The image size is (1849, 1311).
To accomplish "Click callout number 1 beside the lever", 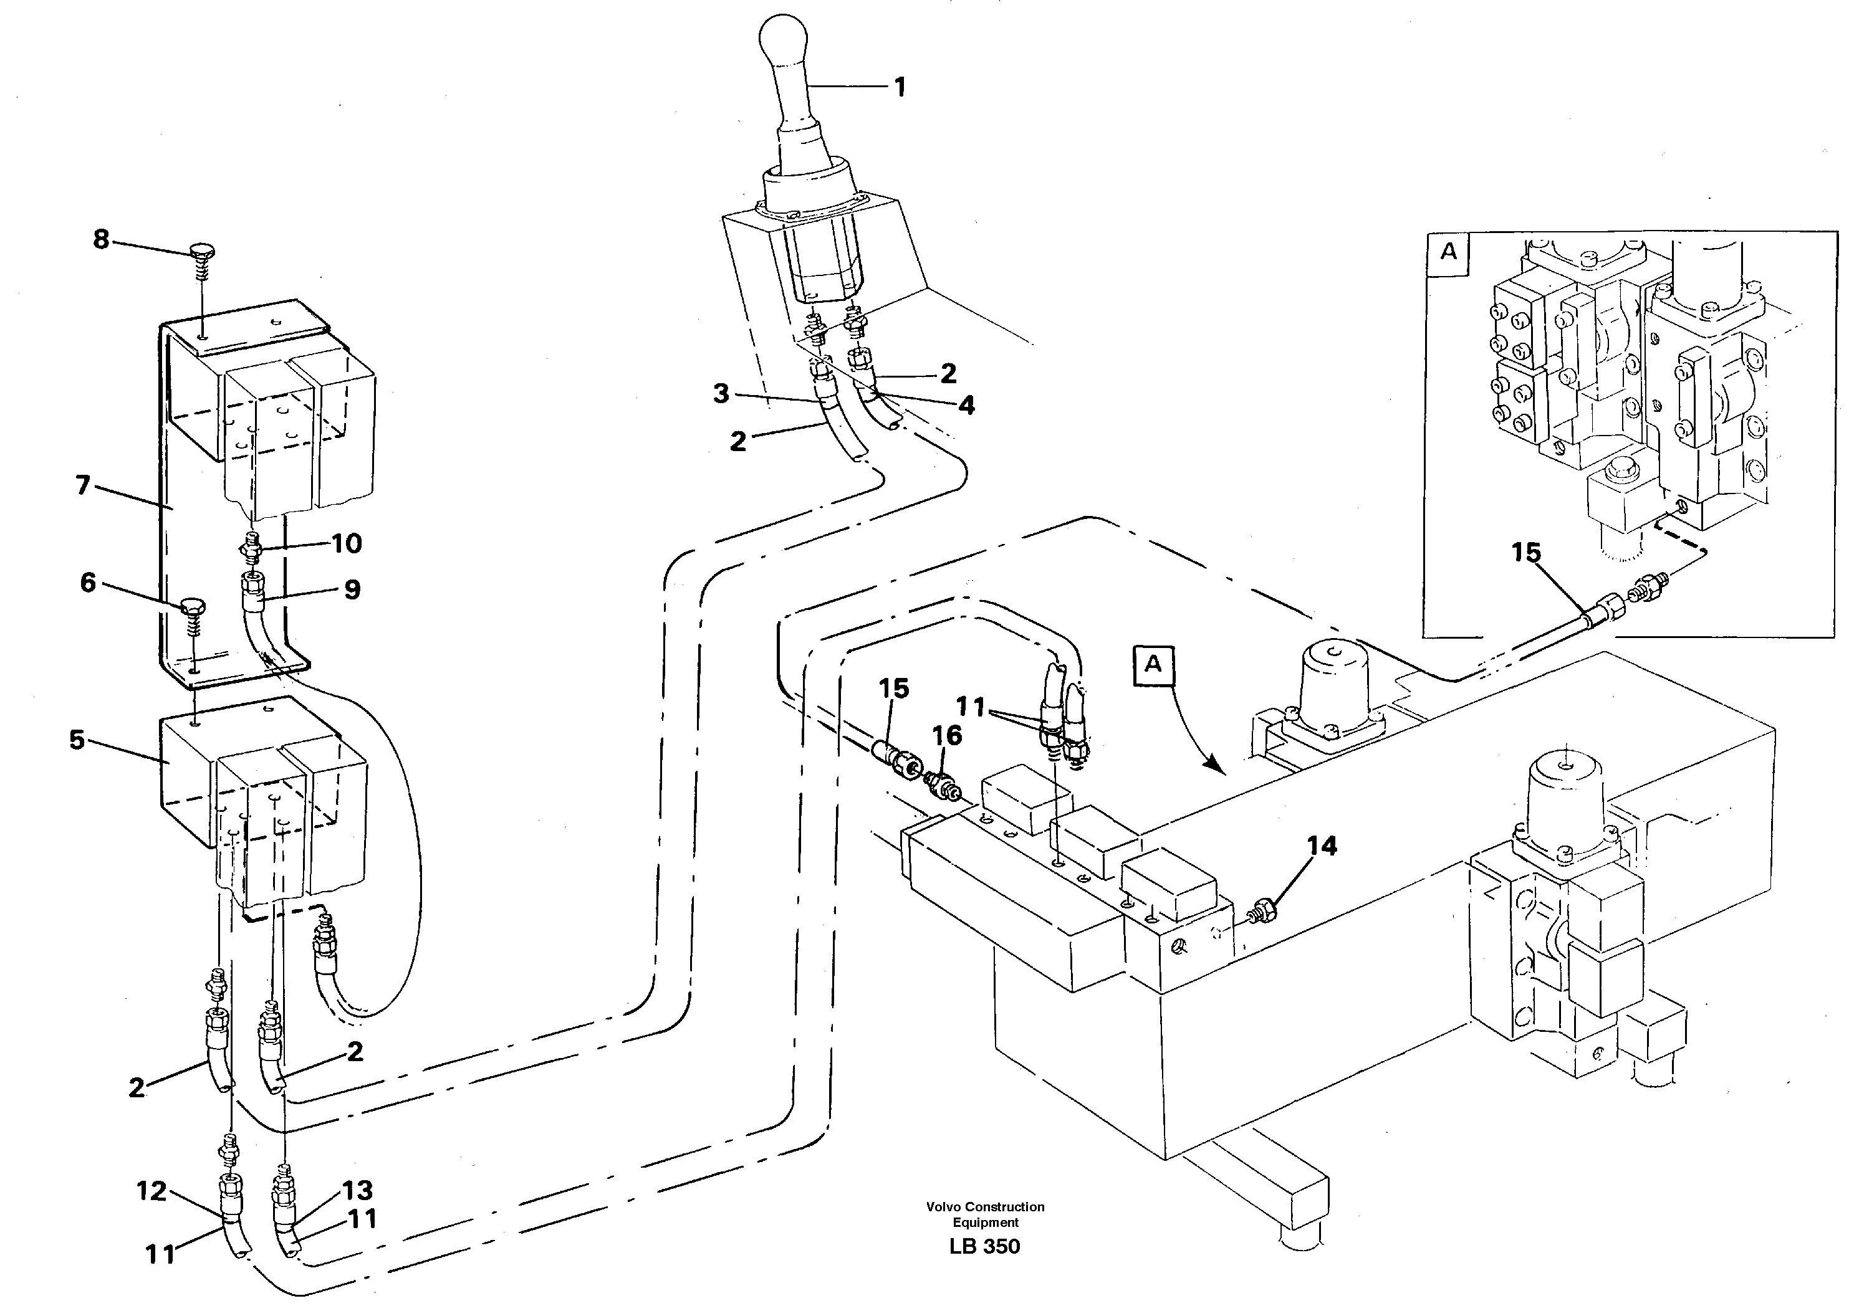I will [900, 87].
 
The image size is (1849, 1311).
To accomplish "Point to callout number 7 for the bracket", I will [83, 486].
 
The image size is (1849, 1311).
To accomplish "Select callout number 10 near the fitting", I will [347, 544].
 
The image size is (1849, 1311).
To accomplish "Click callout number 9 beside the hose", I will [352, 590].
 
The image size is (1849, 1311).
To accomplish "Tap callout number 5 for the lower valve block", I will [77, 740].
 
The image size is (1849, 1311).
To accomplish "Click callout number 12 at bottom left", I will [151, 1191].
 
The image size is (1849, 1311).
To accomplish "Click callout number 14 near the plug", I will [1322, 846].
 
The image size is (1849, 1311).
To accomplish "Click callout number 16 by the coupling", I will [948, 735].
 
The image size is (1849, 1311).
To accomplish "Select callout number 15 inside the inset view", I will [1526, 553].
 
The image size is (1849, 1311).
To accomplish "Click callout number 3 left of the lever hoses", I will [721, 394].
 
